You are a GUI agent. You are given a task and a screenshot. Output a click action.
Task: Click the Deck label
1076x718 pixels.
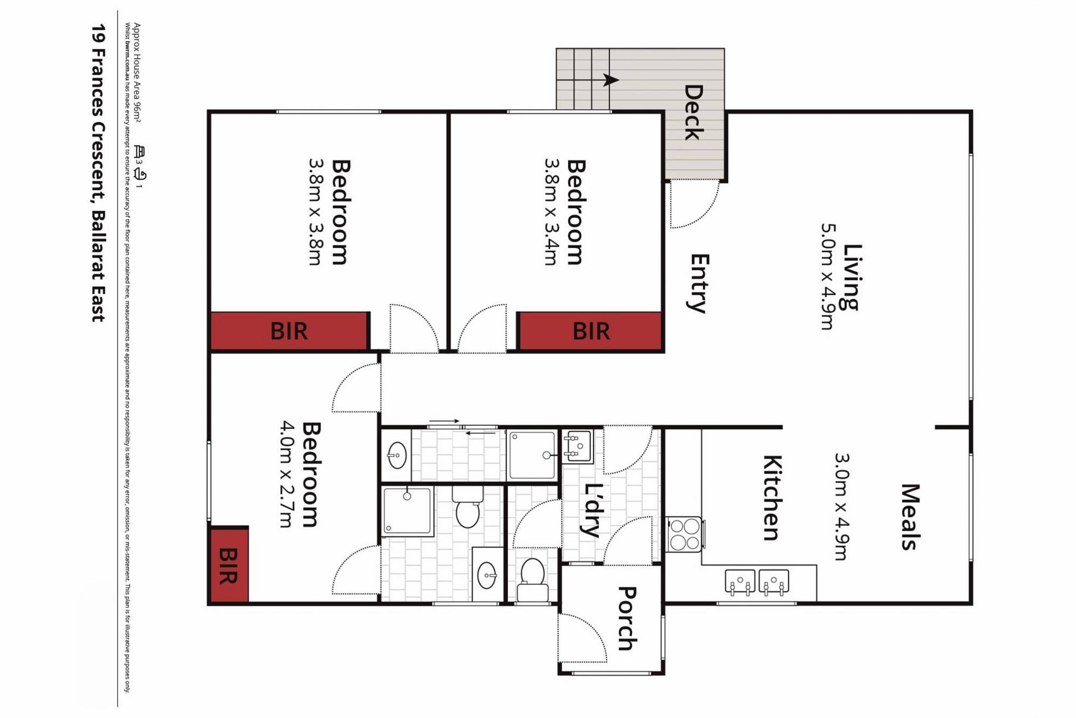point(694,112)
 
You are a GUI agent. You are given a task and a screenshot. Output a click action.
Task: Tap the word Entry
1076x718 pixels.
point(699,283)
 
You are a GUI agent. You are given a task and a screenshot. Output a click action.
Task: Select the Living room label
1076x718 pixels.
point(852,277)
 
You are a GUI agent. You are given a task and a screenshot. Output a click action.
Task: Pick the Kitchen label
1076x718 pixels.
point(772,498)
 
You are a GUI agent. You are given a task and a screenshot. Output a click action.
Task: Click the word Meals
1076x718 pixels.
point(911,517)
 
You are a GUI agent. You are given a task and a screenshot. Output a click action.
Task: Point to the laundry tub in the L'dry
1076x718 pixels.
point(577,446)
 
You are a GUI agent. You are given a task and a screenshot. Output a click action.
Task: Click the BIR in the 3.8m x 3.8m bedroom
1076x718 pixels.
point(289,332)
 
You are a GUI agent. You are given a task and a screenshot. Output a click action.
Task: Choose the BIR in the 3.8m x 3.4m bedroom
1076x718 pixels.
point(591,332)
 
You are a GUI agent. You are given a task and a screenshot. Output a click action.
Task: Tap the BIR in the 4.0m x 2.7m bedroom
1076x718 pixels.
point(229,566)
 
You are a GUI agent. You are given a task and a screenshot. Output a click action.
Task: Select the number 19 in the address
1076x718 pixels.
point(98,33)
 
